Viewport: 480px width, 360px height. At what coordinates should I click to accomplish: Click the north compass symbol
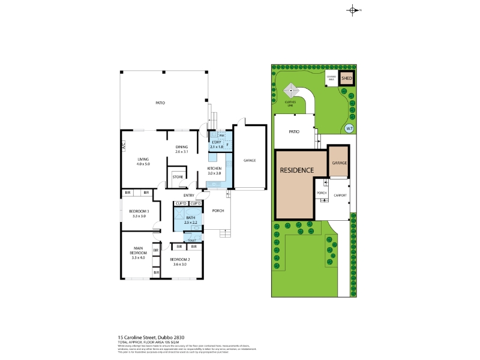click(352, 10)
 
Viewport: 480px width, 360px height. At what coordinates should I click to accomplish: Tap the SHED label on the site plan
click(346, 78)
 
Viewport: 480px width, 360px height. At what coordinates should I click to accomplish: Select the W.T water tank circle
click(349, 128)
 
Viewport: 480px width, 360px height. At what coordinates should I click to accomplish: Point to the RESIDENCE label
click(296, 170)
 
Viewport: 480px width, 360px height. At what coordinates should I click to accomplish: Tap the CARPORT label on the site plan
click(340, 195)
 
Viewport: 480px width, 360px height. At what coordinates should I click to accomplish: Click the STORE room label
click(178, 177)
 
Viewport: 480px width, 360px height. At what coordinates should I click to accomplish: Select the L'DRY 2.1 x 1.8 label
click(217, 145)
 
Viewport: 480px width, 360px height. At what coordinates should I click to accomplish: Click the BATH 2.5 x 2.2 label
click(191, 220)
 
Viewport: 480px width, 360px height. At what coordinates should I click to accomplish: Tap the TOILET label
click(191, 240)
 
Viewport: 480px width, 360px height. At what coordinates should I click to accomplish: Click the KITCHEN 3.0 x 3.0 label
click(214, 171)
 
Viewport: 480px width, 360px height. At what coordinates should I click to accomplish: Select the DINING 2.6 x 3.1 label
click(182, 149)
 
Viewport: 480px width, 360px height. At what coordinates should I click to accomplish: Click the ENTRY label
click(188, 195)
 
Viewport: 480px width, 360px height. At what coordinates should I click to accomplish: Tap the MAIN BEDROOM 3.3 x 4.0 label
click(139, 253)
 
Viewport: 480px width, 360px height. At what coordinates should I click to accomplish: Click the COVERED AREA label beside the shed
click(331, 77)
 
